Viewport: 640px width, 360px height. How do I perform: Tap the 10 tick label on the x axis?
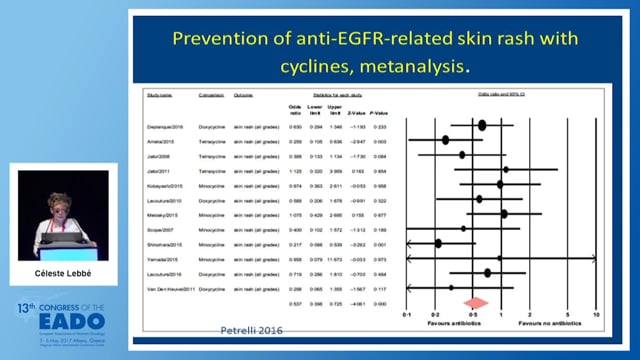point(596,314)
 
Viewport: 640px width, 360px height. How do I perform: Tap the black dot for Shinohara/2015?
point(437,243)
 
